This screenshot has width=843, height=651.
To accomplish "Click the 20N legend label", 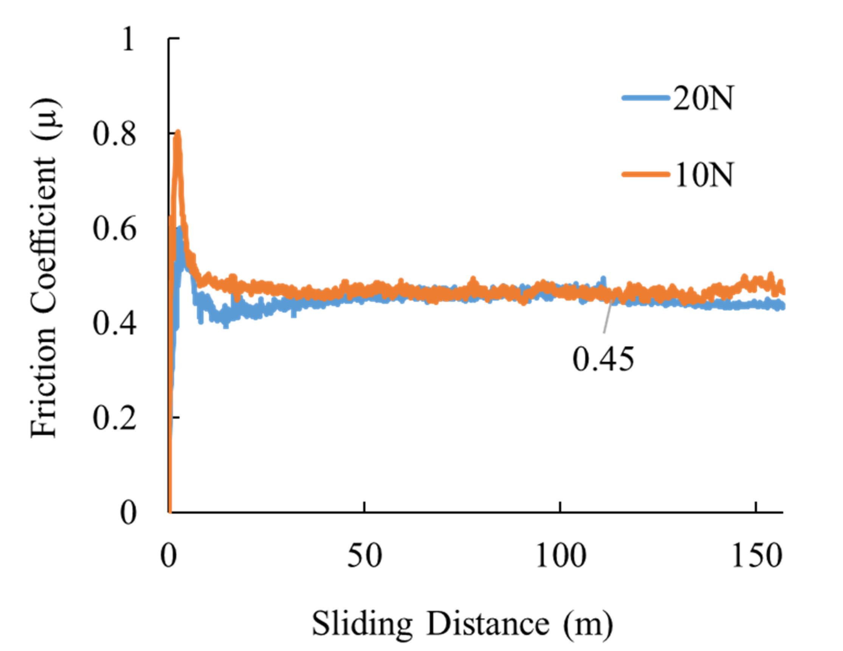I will click(703, 98).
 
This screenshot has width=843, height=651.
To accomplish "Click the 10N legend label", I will click(703, 175).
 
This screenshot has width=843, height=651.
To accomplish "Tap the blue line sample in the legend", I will click(646, 98).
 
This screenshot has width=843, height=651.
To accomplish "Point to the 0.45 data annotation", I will click(603, 359).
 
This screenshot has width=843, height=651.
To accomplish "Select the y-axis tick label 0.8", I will click(115, 134).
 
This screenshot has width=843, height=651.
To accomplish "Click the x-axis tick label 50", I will click(364, 557).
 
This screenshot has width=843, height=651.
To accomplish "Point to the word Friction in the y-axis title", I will click(43, 397).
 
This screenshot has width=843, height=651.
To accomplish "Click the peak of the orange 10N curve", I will click(178, 133).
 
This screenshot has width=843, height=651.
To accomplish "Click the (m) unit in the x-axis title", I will click(588, 625).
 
